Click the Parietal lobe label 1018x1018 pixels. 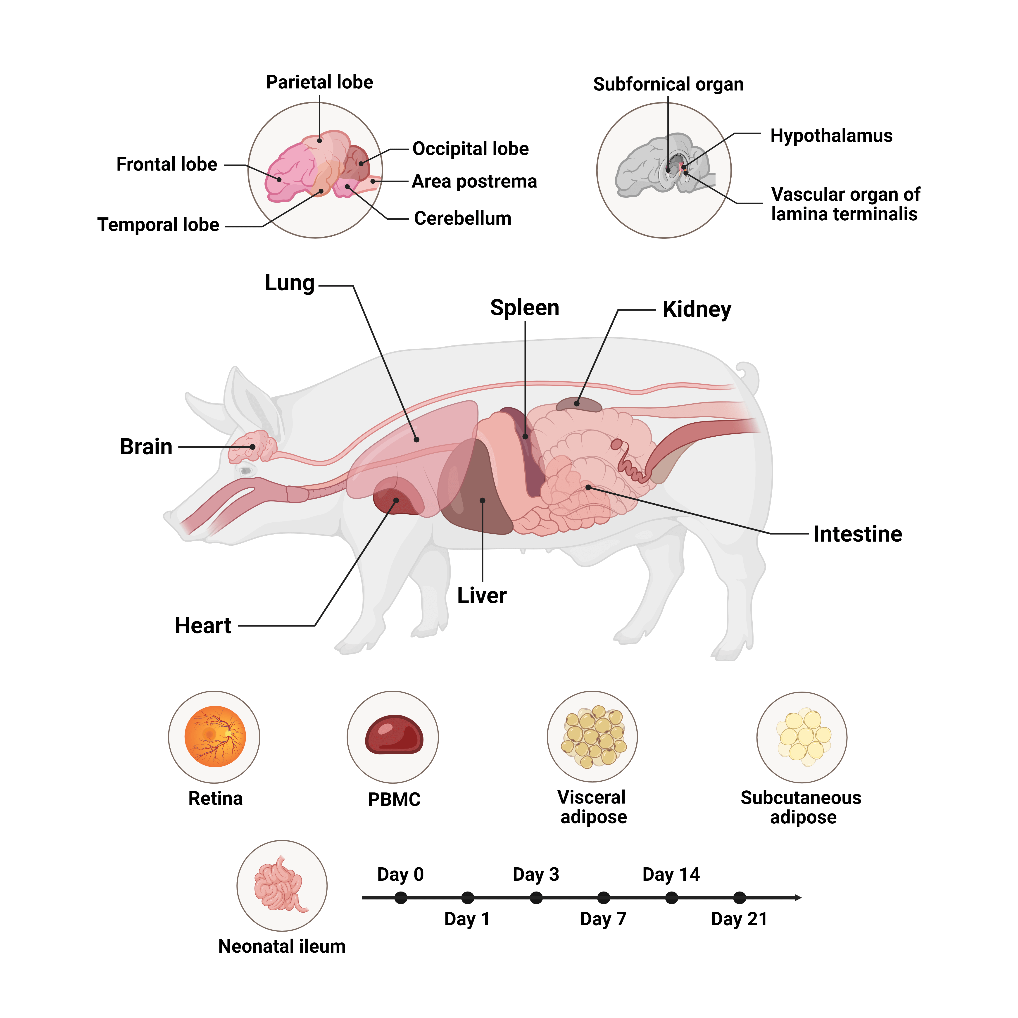(319, 83)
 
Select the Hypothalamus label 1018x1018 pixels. (831, 136)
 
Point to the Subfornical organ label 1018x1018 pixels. (668, 84)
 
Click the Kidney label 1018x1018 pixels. (697, 309)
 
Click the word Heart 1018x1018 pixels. (203, 626)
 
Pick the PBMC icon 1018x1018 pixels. (394, 735)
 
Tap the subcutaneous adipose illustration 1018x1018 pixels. (802, 737)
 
